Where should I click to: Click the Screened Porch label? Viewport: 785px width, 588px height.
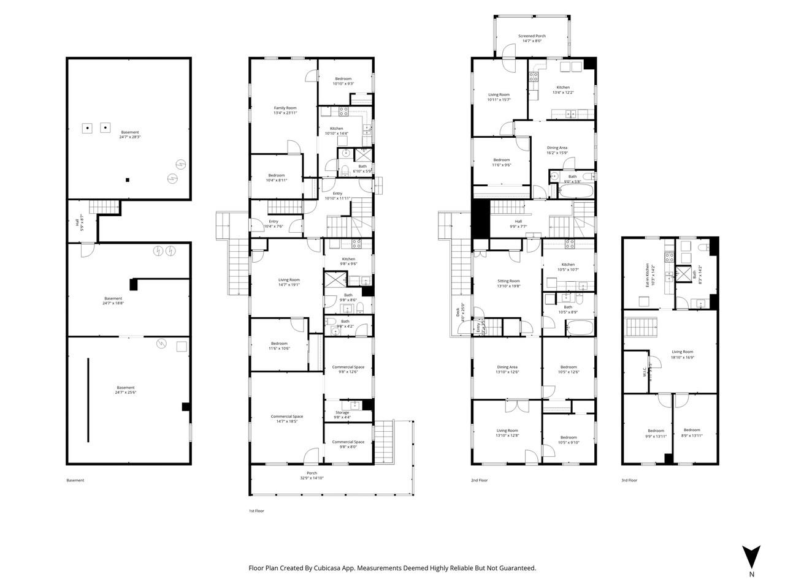coord(532,39)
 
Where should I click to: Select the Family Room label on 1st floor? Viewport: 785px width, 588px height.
coord(285,110)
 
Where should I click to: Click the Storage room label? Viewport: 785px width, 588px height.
coord(342,415)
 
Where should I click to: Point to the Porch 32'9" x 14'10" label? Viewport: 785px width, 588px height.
coord(312,475)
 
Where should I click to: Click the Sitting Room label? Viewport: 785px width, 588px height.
coord(508,283)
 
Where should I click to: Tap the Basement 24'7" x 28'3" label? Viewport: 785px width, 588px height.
coord(129,135)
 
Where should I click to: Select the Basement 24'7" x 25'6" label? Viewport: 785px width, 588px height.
coord(126,390)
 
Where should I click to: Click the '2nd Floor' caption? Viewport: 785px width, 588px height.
coord(479,480)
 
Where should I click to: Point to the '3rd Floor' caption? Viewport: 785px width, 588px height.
coord(629,480)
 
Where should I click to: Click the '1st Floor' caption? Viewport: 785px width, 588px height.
coord(256,511)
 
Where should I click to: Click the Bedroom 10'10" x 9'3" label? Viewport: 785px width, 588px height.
coord(343,81)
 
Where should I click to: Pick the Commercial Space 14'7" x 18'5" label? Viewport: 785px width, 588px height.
coord(287,419)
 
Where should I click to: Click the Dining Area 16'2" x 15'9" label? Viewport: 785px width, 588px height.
coord(557,150)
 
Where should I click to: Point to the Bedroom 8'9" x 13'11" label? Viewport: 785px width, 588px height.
coord(692,432)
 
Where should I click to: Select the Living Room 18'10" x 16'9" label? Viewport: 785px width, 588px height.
coord(682,354)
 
